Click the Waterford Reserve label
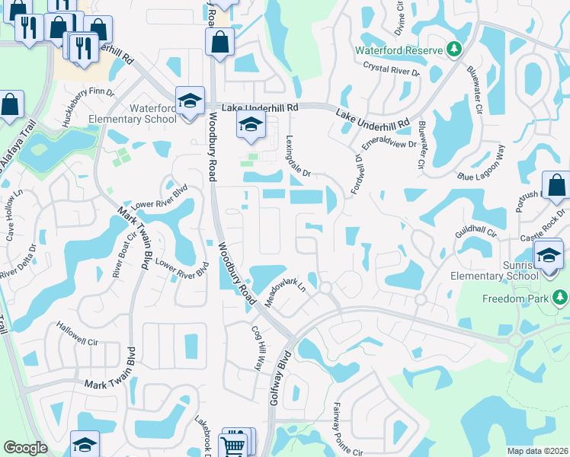click(399, 50)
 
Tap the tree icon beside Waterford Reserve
click(454, 50)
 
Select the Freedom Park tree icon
click(561, 297)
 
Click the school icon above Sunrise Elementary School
click(549, 254)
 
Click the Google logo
click(25, 448)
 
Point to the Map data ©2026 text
click(536, 451)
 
